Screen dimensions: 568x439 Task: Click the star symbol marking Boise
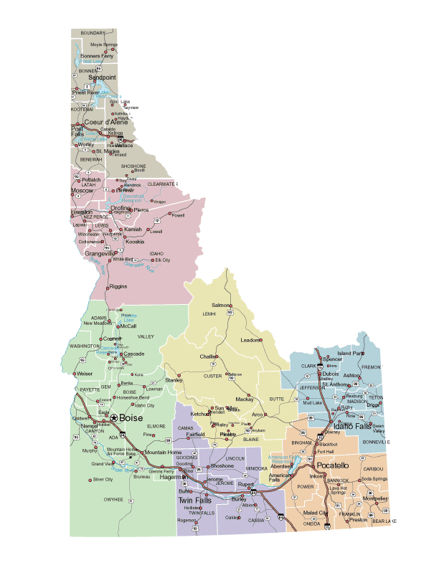click(113, 417)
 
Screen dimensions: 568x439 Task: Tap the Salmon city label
click(221, 306)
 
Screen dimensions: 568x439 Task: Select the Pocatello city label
click(332, 465)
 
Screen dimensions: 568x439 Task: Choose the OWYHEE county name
click(113, 499)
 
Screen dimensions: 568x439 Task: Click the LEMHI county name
click(209, 314)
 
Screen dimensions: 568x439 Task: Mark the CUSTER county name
click(213, 376)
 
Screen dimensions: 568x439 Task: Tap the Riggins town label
click(118, 286)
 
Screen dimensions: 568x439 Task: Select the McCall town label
click(128, 326)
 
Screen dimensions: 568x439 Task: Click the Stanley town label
click(174, 379)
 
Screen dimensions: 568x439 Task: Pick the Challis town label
click(208, 356)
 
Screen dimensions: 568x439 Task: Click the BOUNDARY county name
click(93, 33)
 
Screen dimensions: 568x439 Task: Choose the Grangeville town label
click(100, 254)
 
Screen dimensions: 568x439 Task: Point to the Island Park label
click(351, 354)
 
